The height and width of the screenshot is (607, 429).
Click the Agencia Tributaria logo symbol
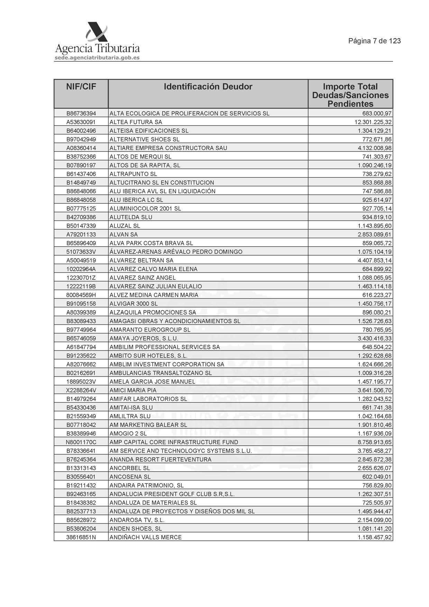[x=97, y=33]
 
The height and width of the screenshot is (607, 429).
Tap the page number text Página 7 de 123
[x=374, y=41]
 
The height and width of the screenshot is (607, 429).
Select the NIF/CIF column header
[x=81, y=87]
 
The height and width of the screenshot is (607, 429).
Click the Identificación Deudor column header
[x=208, y=87]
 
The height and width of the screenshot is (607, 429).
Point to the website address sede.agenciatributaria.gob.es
[x=97, y=58]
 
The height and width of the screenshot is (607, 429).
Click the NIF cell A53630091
[x=81, y=122]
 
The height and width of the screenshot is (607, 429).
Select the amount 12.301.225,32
[x=373, y=122]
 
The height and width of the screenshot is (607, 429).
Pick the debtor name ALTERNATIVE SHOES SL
[x=144, y=139]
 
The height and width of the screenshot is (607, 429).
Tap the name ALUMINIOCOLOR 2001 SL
[x=145, y=209]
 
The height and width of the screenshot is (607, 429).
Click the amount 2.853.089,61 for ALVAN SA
[x=375, y=234]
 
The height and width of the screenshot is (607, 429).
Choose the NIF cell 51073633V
[x=81, y=252]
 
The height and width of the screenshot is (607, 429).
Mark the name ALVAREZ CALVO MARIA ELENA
[x=153, y=269]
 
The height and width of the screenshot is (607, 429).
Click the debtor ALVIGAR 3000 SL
[x=133, y=304]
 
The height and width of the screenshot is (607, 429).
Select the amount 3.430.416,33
[x=375, y=338]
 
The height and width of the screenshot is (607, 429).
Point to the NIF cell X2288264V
[x=81, y=390]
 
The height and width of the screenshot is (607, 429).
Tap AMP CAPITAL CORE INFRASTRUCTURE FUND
[x=174, y=442]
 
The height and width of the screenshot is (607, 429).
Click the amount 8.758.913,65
[x=375, y=442]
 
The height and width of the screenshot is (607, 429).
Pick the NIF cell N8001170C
[x=81, y=442]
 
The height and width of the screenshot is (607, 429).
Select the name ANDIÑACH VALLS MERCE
[x=145, y=537]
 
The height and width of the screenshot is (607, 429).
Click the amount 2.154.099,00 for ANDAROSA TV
[x=375, y=520]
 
